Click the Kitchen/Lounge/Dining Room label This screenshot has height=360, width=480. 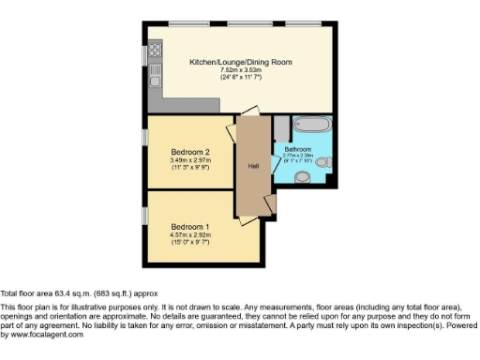point(241,62)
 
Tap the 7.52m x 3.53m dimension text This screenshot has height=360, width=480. point(241,69)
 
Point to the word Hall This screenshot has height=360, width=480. point(253,166)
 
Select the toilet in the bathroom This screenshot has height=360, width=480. point(324,163)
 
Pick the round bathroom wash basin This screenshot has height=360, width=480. point(302,176)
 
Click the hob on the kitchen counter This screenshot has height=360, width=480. point(155,48)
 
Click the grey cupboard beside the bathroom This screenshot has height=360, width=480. point(281,128)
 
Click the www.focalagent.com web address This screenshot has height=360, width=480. point(42,335)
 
